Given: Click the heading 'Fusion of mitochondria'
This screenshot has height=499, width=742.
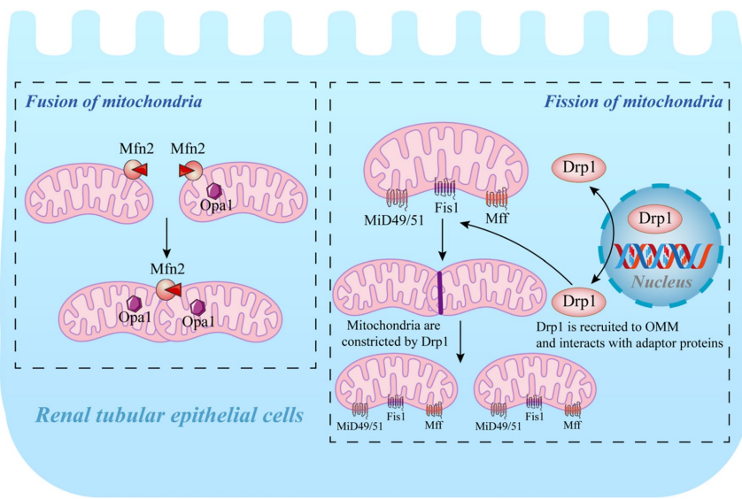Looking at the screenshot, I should [113, 101].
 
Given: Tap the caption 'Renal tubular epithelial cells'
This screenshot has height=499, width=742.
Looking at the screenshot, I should [171, 415].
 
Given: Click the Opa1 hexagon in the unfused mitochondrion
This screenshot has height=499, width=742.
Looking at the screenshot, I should [214, 190].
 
